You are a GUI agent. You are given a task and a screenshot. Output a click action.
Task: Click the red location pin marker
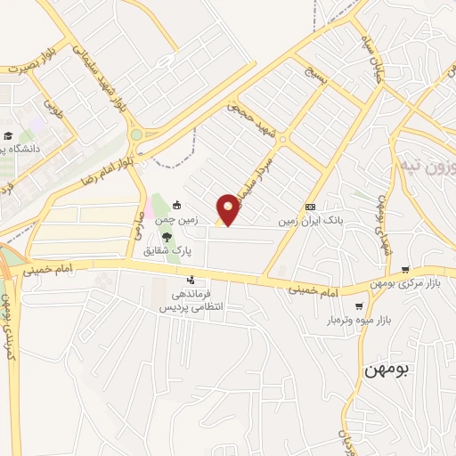point(229,209)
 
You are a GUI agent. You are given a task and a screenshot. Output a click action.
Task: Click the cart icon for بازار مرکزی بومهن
point(406,269)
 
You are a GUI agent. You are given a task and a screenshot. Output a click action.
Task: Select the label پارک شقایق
point(167,250)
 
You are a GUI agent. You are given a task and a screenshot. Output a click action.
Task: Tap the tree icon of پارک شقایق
point(167,237)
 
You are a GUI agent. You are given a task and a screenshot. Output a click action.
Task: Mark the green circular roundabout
point(136,135)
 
